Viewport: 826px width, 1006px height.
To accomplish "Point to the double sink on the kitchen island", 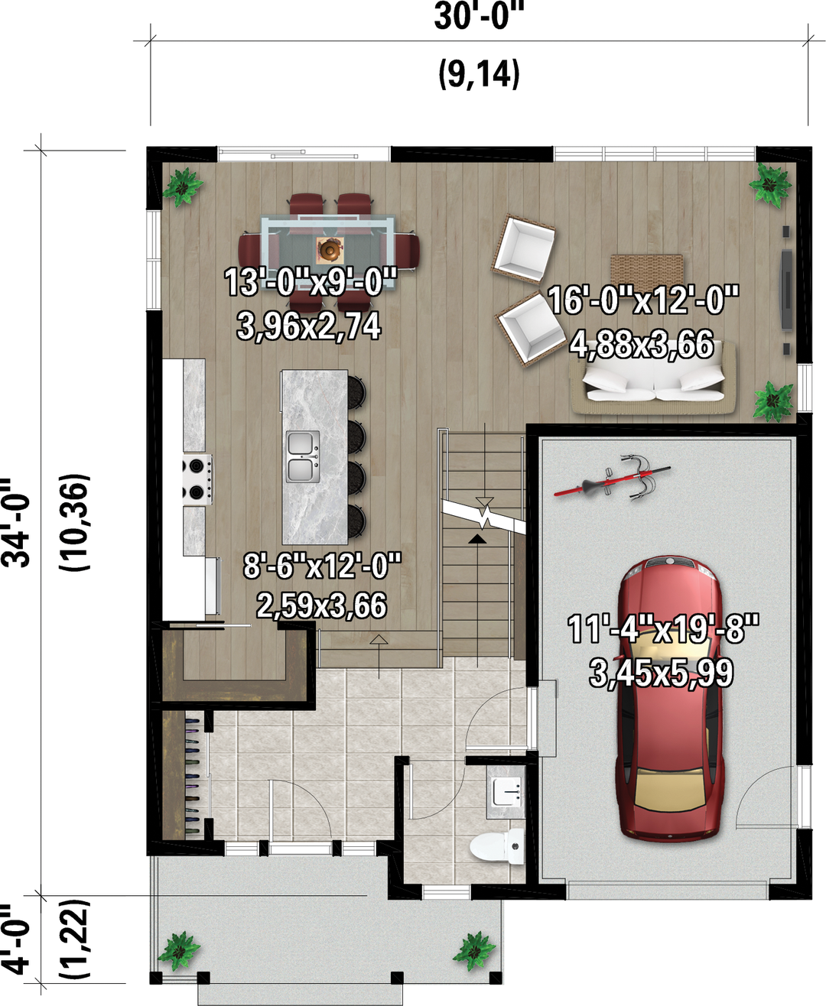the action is pos(303,456).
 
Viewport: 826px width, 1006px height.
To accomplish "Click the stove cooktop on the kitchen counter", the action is pos(197,479).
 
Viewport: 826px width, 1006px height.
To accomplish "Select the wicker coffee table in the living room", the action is pos(647,271).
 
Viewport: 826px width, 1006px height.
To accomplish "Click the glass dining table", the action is pos(328,251).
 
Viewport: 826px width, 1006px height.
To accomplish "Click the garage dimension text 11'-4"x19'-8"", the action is pos(662,629).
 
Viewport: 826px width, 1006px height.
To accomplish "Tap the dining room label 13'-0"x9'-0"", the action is pos(311,282).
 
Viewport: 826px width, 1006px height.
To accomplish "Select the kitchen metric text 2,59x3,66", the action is pos(322,605).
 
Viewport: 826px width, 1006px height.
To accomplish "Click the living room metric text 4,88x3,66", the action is pos(642,345).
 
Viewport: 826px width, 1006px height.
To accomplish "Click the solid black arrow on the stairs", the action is pos(477,539).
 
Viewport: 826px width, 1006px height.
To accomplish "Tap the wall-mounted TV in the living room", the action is pos(785,290).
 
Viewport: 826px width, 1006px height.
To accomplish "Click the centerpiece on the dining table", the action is pos(330,248).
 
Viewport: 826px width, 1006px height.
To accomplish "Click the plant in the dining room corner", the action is pos(182,187).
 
